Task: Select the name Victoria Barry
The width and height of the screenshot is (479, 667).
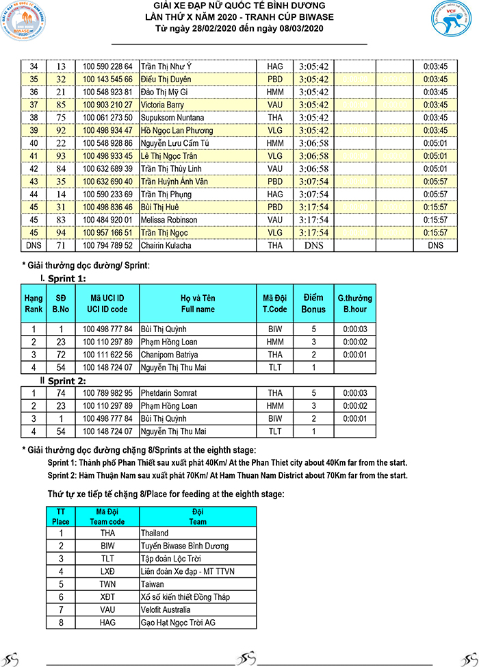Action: coord(162,105)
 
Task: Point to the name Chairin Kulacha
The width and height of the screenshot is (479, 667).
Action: coord(166,245)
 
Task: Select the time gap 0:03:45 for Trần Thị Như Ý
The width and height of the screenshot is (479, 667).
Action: coord(435,66)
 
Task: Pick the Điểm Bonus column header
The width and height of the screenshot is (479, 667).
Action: coord(313,303)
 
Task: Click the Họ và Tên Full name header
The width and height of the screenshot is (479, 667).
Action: coord(198,303)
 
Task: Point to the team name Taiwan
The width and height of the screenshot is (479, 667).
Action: coord(152,584)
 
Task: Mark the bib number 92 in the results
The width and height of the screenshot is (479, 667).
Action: coord(61,130)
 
